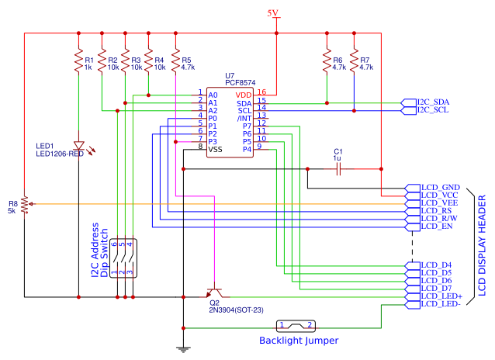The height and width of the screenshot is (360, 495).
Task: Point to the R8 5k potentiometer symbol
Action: tap(25, 204)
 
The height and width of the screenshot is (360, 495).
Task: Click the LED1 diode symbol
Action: tap(78, 146)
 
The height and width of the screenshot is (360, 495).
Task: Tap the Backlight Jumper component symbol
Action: tap(296, 326)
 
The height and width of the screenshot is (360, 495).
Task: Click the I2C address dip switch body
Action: tap(124, 258)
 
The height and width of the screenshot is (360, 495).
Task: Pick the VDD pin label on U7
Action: tap(244, 94)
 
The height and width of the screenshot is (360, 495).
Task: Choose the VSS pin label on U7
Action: tap(216, 149)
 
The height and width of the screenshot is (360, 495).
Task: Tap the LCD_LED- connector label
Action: tap(441, 304)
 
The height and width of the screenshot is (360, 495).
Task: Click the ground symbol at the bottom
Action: tap(183, 348)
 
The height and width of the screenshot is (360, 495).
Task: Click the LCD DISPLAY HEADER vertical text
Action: tap(481, 245)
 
